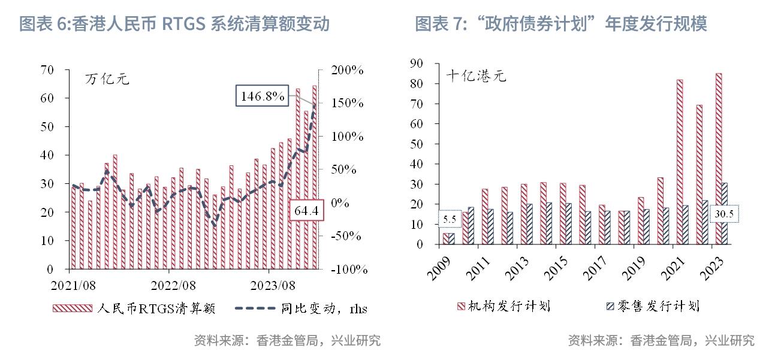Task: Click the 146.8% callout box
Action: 263,96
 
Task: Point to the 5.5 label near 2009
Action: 450,219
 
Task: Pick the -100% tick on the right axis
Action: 346,270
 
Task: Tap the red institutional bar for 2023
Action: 719,159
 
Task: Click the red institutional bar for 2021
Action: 680,162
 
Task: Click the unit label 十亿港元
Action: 477,76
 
